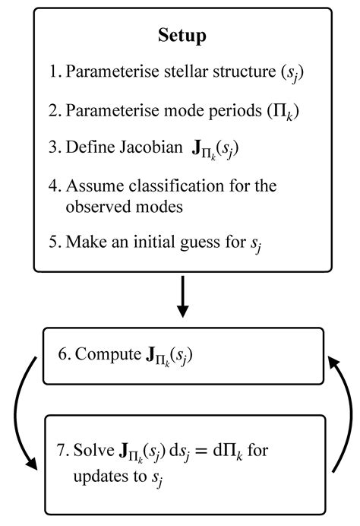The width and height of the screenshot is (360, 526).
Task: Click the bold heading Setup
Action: coord(182,35)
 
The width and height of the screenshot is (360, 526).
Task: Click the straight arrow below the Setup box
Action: coord(182,297)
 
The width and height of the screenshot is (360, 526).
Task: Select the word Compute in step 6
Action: coord(101,356)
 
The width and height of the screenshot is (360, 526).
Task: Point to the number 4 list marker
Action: coord(55,185)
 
